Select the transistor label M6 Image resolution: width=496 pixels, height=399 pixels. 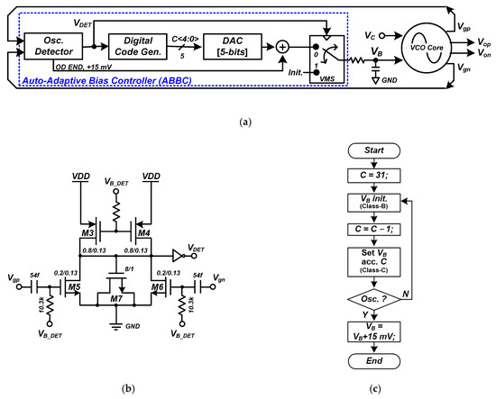point(158,289)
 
